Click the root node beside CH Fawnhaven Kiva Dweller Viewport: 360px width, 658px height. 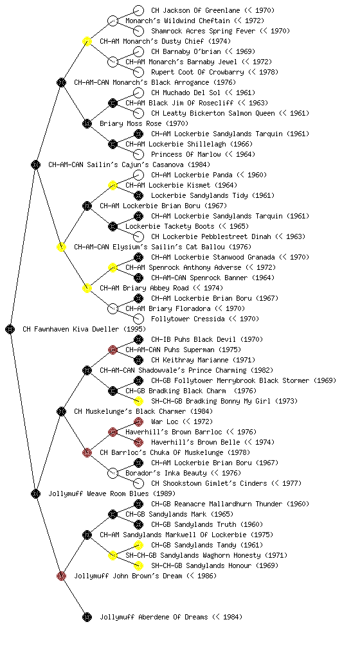10,329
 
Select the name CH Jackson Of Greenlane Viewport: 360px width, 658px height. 195,10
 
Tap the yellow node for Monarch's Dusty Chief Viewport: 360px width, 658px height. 87,41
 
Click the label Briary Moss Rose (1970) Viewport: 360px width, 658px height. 144,123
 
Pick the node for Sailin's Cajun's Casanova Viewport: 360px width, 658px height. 35,164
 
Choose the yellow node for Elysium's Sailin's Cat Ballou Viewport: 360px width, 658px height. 61,247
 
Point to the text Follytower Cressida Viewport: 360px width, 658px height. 188,319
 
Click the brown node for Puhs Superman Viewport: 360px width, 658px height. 113,350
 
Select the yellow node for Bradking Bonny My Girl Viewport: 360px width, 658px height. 138,401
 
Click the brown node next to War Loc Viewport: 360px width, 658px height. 138,422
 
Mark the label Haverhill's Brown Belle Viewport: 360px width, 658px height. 195,442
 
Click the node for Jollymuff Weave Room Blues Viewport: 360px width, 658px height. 35,493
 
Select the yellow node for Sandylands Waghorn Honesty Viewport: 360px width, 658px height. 113,555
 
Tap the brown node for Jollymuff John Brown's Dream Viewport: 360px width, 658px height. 61,576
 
